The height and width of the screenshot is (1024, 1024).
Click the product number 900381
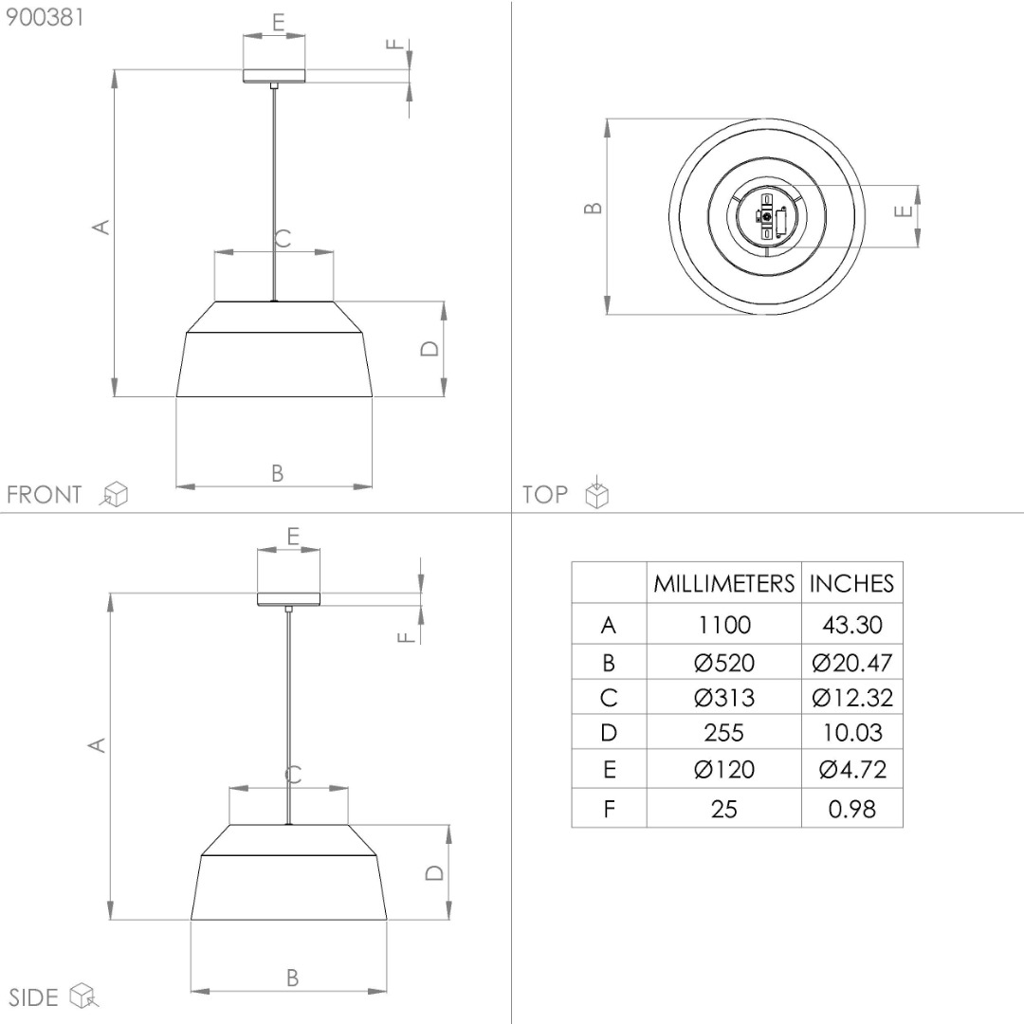click(x=45, y=17)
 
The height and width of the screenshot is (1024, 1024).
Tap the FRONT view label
click(x=45, y=494)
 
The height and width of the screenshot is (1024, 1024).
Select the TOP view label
click(x=544, y=494)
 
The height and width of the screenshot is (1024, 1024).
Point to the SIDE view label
click(x=33, y=997)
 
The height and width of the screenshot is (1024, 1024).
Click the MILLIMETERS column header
click(x=723, y=583)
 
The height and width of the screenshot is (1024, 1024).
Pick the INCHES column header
click(x=851, y=583)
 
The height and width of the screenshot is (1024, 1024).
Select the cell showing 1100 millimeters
click(x=723, y=625)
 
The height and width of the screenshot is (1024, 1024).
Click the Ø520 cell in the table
click(x=723, y=663)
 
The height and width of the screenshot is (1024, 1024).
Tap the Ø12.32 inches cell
click(x=851, y=698)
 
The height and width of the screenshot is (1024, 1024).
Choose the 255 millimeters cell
click(x=723, y=733)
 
